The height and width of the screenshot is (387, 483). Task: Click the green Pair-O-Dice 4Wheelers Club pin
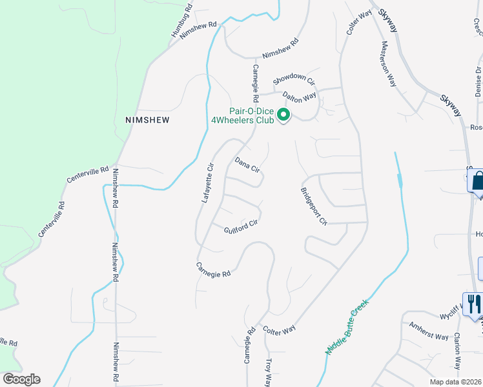point(283,116)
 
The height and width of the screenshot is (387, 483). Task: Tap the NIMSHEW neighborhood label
point(147,120)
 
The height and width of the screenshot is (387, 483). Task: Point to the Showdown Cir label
point(293,79)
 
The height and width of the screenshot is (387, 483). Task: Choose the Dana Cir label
point(247,165)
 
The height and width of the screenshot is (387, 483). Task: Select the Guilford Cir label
point(241,226)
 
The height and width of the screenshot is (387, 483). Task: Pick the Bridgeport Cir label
point(314,206)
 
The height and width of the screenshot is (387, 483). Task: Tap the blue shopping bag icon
point(478,181)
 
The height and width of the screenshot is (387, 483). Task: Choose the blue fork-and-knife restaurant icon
point(472,304)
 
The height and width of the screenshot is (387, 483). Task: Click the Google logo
point(21,379)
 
